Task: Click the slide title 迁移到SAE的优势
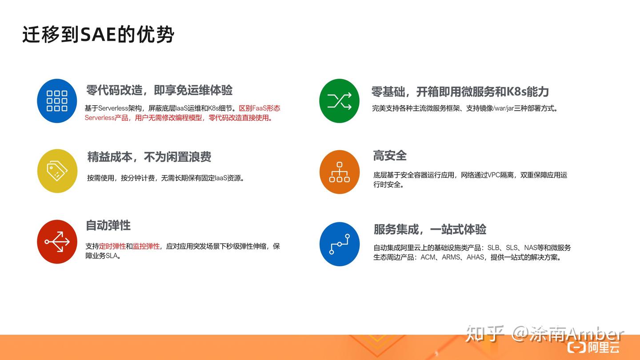[98, 35]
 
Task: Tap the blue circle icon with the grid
[57, 101]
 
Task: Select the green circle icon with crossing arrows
[339, 101]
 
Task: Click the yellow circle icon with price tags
[57, 171]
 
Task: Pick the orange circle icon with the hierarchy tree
[339, 172]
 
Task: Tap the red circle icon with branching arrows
[57, 242]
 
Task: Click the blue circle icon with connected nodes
[339, 244]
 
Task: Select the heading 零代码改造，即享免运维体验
[159, 90]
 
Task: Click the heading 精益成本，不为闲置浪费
[149, 157]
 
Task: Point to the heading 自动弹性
[108, 225]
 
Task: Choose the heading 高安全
[390, 156]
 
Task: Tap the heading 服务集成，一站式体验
[430, 229]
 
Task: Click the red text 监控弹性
[146, 246]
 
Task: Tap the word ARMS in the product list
[451, 257]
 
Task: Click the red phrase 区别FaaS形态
[260, 108]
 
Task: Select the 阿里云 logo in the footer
[593, 347]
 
